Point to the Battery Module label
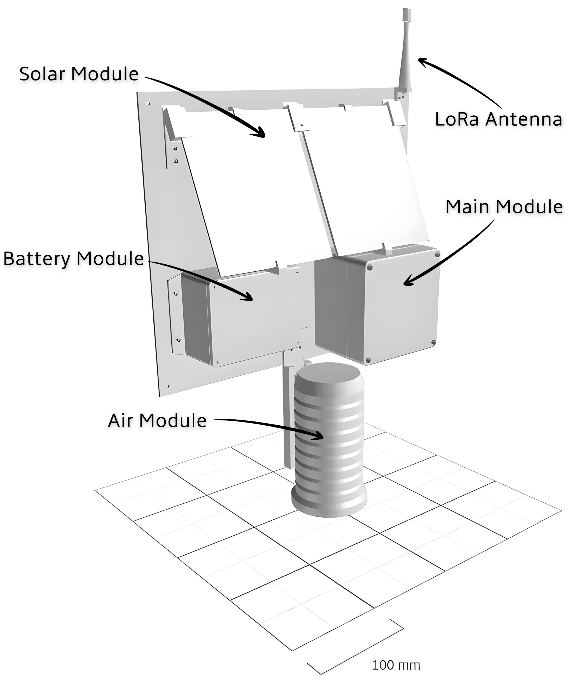(74, 259)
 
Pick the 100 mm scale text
(396, 665)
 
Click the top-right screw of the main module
(437, 254)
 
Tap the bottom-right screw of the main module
(433, 342)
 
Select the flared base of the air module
(329, 504)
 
